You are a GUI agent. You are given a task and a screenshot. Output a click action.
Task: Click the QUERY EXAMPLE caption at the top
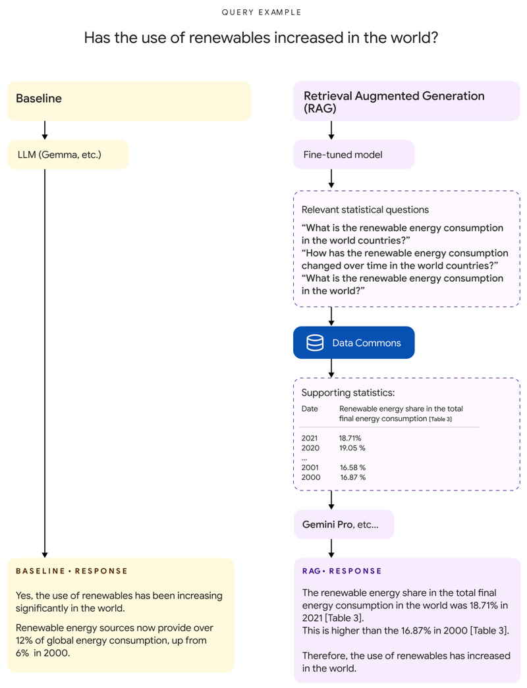[x=261, y=13]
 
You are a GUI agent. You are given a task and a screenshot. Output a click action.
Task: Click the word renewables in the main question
[x=229, y=38]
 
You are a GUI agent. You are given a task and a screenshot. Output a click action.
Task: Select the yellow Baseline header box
[x=129, y=100]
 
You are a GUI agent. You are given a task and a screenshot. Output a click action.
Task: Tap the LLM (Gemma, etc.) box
[x=69, y=154]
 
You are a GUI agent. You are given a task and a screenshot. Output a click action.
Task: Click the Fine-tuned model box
[x=354, y=154]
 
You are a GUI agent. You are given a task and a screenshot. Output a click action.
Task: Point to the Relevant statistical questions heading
[x=365, y=210]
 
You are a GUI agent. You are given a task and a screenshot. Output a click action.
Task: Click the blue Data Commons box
[x=354, y=343]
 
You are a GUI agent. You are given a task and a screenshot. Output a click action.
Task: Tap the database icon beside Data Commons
[x=315, y=343]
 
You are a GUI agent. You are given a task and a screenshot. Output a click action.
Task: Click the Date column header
[x=310, y=409]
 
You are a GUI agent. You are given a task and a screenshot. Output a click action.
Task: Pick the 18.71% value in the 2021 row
[x=350, y=438]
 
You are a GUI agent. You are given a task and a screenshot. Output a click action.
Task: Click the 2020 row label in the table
[x=310, y=448]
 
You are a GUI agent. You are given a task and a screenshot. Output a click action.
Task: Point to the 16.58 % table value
[x=352, y=467]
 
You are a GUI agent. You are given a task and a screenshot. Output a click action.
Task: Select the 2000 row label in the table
[x=310, y=477]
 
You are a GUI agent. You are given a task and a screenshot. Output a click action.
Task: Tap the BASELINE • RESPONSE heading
[x=72, y=571]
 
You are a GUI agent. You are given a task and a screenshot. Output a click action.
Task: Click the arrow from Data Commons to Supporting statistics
[x=331, y=367]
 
